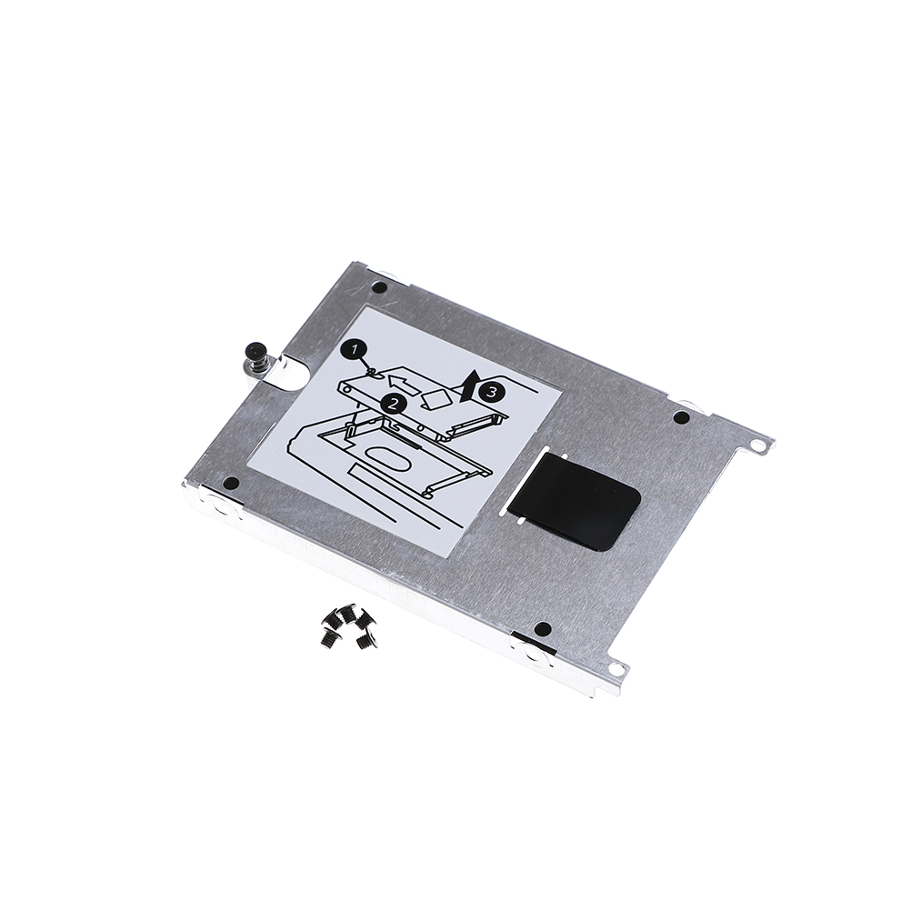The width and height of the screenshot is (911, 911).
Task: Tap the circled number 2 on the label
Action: point(393,403)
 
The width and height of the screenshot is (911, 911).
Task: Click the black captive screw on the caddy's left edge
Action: point(254,357)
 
